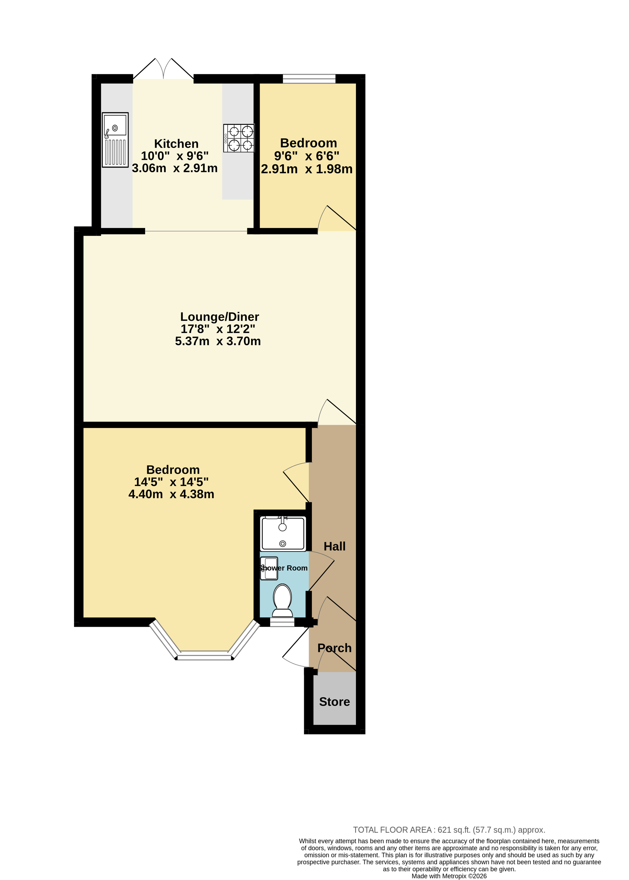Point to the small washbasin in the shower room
(269, 568)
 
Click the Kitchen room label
(176, 144)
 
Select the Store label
(335, 702)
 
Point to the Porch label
(335, 648)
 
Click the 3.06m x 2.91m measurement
(175, 168)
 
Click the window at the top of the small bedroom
(309, 78)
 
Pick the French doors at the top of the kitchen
(163, 69)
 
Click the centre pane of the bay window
(205, 655)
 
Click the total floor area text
(449, 830)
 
